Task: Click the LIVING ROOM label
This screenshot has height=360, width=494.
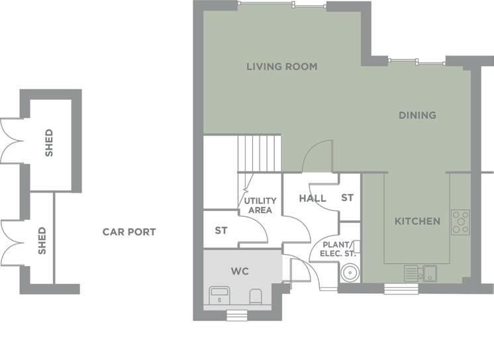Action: (281, 66)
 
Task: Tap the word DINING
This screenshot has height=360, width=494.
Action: (417, 115)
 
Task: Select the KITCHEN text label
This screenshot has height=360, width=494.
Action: (417, 222)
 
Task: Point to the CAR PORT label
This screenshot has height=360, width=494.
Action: (129, 232)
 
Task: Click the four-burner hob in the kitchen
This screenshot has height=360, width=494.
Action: (460, 222)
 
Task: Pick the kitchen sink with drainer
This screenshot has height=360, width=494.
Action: (420, 273)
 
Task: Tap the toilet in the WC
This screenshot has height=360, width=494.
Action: (256, 296)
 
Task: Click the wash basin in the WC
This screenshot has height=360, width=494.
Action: (219, 295)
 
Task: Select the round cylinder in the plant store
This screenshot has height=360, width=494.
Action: (349, 273)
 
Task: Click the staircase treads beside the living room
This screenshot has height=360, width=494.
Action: (260, 154)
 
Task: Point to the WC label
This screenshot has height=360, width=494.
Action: (240, 271)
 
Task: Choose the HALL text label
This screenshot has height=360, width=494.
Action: (312, 199)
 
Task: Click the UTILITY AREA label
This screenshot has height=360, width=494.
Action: (260, 205)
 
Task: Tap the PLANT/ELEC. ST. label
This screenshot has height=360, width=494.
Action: (337, 249)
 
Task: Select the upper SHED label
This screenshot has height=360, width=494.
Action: (49, 143)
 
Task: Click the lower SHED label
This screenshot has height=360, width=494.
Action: (42, 241)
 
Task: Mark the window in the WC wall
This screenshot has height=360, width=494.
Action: (237, 315)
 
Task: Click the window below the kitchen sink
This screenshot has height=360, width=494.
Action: (401, 289)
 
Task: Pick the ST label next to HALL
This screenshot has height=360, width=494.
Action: (347, 198)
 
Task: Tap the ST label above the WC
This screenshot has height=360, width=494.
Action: (221, 231)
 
